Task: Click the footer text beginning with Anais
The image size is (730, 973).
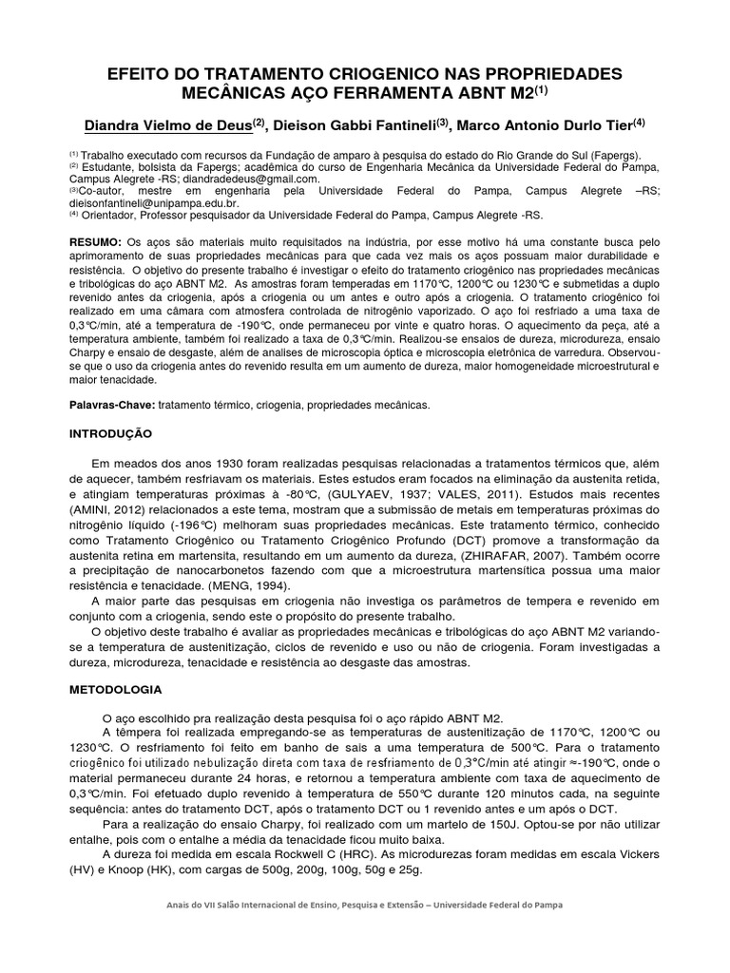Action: [365, 905]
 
